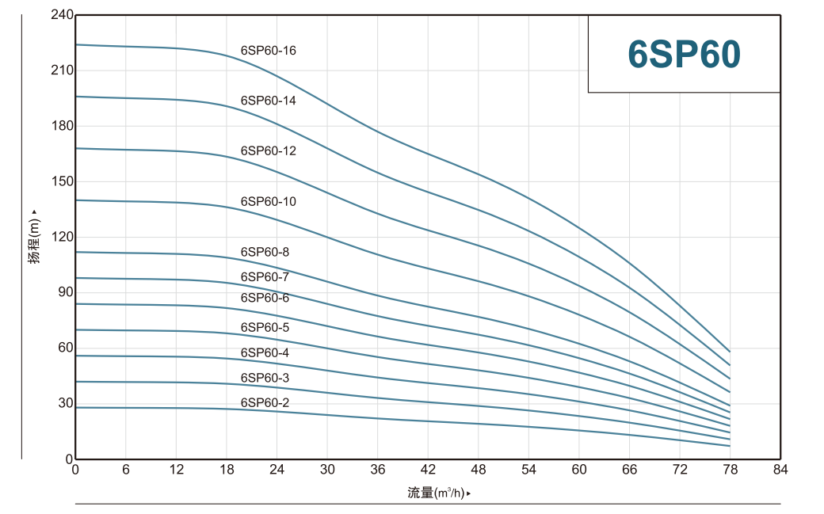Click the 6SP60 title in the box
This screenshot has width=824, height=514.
tap(684, 54)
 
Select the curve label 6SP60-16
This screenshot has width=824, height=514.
tap(268, 51)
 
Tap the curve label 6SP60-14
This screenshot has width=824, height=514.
tap(268, 101)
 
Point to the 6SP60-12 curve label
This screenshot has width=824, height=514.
tap(268, 150)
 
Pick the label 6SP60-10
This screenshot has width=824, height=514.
tap(268, 201)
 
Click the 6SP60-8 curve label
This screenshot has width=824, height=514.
tap(265, 252)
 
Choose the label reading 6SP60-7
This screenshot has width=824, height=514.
tap(265, 276)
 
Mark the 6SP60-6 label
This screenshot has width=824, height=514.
tap(265, 297)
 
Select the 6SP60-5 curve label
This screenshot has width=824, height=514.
tap(265, 327)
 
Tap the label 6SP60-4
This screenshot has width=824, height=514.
tap(265, 352)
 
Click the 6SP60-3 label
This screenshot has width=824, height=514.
tap(265, 378)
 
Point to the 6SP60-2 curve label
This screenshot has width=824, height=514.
tap(265, 402)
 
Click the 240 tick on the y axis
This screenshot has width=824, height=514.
tap(61, 15)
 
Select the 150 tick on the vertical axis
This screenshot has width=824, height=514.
tap(61, 181)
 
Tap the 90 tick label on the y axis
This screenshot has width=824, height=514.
tap(64, 292)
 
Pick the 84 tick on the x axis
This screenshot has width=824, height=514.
tap(780, 470)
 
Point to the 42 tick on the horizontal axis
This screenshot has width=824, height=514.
tap(428, 470)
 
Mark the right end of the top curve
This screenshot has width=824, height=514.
tap(730, 351)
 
